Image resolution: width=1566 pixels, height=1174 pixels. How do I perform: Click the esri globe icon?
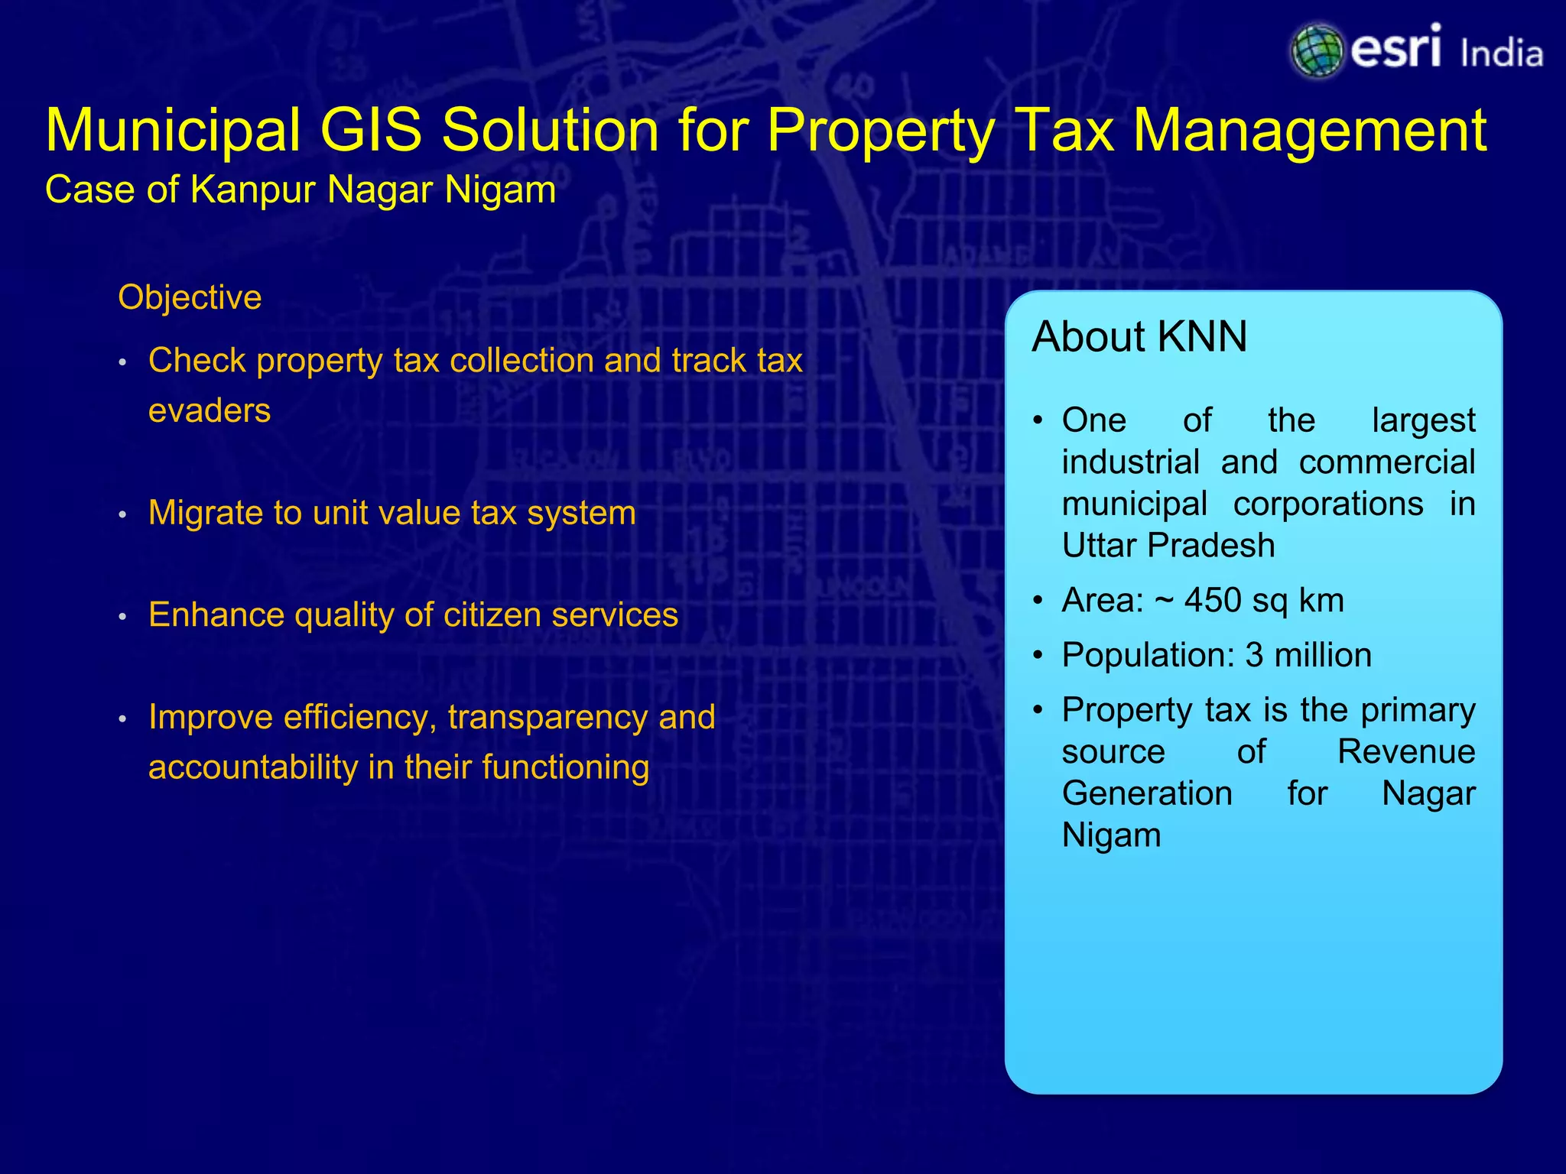pyautogui.click(x=1317, y=50)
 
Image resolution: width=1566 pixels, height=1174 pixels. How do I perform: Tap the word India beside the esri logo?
pyautogui.click(x=1501, y=54)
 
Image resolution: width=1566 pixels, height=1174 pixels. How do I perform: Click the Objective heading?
pyautogui.click(x=190, y=297)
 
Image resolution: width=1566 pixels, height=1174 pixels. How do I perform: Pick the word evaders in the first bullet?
pyautogui.click(x=210, y=411)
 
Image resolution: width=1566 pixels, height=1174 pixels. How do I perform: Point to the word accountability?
pyautogui.click(x=252, y=767)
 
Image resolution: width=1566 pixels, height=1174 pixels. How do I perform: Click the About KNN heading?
pyautogui.click(x=1139, y=337)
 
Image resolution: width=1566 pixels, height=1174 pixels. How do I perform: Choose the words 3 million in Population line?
pyautogui.click(x=1308, y=656)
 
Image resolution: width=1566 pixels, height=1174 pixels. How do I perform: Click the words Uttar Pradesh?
pyautogui.click(x=1168, y=546)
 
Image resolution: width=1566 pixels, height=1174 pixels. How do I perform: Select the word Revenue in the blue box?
pyautogui.click(x=1405, y=752)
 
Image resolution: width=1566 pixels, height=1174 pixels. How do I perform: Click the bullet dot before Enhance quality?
pyautogui.click(x=122, y=617)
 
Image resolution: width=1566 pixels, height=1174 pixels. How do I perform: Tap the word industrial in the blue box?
pyautogui.click(x=1130, y=462)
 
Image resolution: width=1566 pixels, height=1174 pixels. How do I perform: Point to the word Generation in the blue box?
pyautogui.click(x=1146, y=793)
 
